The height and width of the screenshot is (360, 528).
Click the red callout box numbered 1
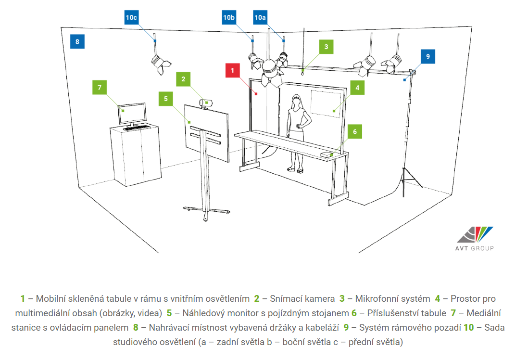click(233, 70)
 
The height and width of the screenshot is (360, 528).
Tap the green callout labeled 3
click(326, 47)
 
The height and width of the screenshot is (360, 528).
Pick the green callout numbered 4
click(358, 88)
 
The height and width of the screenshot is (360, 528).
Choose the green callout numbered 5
click(166, 99)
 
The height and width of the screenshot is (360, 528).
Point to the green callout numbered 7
click(100, 88)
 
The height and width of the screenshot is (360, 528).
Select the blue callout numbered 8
click(77, 41)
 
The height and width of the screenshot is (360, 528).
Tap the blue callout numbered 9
click(427, 56)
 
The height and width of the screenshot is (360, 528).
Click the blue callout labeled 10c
click(131, 17)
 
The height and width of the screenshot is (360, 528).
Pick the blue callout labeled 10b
click(229, 17)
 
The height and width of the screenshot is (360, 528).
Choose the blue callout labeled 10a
click(260, 17)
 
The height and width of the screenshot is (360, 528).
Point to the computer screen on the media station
click(133, 114)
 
